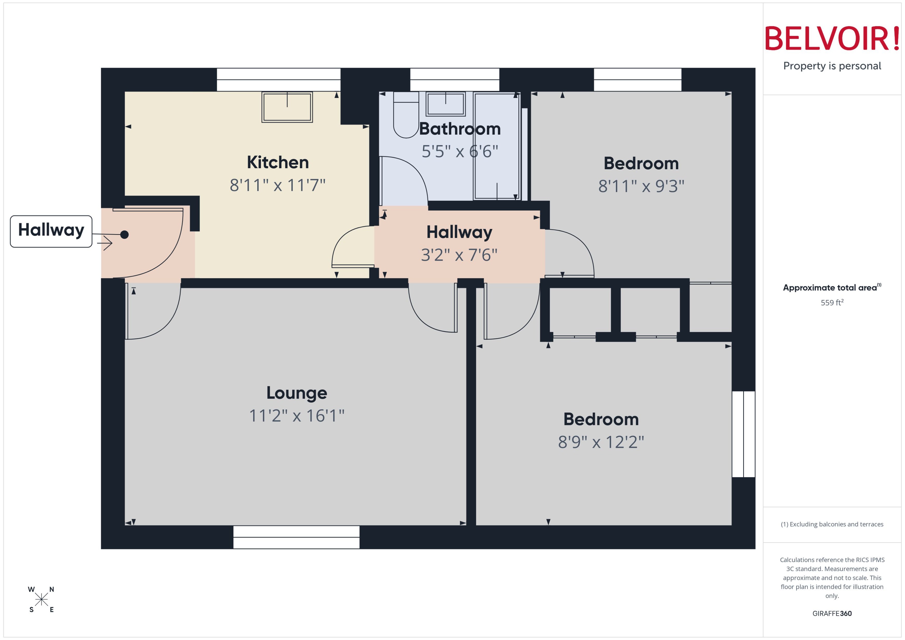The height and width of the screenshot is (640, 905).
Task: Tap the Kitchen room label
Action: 278,162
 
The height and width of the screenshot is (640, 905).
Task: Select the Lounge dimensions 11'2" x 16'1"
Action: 297,416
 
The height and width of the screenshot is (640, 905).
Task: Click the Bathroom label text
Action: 459,129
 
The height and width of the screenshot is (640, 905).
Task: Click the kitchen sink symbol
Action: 287,107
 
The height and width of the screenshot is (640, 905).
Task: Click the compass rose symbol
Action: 41,599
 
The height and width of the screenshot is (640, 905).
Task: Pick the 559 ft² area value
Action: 832,303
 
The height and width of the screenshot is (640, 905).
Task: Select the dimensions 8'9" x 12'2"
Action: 601,442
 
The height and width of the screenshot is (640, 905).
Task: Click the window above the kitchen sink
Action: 278,80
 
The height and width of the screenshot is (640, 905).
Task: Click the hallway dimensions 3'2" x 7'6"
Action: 459,255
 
